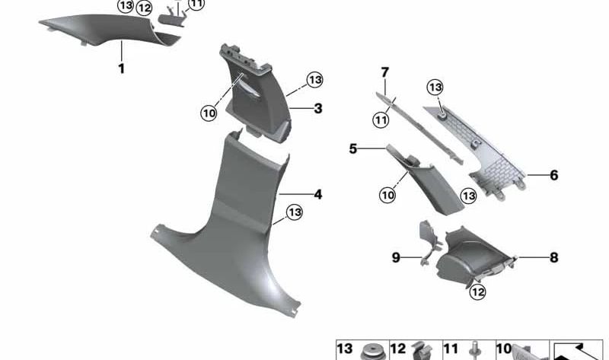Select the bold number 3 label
(318, 109)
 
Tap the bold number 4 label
(318, 195)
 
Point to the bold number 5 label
(353, 149)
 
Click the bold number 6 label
(554, 175)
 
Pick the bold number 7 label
(385, 72)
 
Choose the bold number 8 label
(554, 258)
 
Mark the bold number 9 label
(396, 258)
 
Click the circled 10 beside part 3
(209, 113)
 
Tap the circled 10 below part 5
(388, 195)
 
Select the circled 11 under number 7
(381, 119)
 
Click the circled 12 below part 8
(478, 290)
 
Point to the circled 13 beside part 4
(295, 212)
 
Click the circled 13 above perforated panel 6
(435, 87)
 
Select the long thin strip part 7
(426, 126)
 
